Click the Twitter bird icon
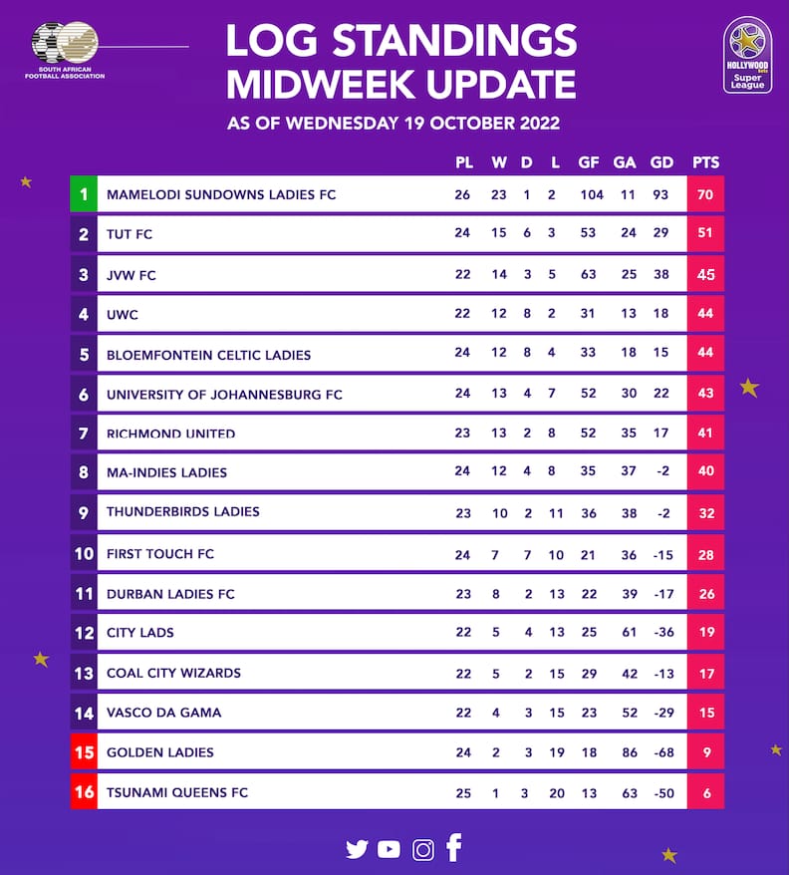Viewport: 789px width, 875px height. point(357,849)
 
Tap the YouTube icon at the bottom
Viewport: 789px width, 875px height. point(390,849)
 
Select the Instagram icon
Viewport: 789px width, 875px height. point(423,849)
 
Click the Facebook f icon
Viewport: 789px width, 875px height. point(454,847)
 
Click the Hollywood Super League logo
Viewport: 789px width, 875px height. point(747,56)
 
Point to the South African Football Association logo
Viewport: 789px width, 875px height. point(66,50)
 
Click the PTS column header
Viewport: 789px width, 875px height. point(705,162)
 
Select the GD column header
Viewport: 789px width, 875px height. point(661,162)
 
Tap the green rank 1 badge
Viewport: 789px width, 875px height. point(84,194)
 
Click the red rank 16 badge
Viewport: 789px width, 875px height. point(84,792)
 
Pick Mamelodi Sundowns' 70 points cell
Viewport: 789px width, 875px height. point(705,194)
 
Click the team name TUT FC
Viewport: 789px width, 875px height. point(130,235)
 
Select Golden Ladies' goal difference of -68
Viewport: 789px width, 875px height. point(661,752)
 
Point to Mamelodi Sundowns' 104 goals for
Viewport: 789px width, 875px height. point(592,194)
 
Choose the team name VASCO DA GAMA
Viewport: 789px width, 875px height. point(164,713)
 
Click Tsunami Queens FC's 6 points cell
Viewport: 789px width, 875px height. point(705,792)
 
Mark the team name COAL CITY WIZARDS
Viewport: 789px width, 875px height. point(173,673)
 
